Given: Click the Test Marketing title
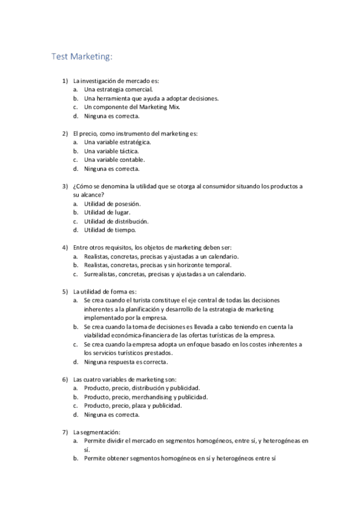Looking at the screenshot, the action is tap(82, 57).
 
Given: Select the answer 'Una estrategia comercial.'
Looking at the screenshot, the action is tap(114, 89).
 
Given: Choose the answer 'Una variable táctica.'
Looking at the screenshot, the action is tap(111, 151).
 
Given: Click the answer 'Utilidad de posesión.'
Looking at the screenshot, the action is tap(112, 204).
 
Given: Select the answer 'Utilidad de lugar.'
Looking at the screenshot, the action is tap(107, 212).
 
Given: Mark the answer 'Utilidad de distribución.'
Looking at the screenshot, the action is tap(116, 221).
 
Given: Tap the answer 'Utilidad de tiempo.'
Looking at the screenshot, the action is tap(110, 230).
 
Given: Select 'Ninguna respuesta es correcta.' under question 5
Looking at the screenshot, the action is tap(126, 362).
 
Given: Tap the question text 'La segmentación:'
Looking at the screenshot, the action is tap(97, 432).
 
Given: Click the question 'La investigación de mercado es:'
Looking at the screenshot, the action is tap(116, 81).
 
